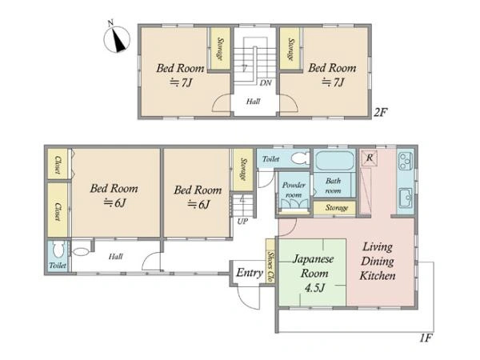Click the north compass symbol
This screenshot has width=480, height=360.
[117, 39]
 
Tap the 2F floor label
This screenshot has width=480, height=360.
[381, 113]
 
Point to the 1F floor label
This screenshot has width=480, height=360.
[426, 338]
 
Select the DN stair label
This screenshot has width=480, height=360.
[266, 83]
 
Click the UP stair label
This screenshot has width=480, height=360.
[242, 222]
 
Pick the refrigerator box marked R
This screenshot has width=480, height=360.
[369, 158]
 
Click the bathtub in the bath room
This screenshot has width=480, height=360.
[334, 161]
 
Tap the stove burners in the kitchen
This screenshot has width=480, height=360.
[406, 161]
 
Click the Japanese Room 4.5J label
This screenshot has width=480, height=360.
[314, 274]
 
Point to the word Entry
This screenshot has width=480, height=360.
[250, 273]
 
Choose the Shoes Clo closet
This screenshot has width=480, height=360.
[270, 261]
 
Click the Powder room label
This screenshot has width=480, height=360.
[294, 190]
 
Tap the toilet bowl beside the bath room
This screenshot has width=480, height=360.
[300, 158]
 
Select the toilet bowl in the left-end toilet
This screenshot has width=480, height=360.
[58, 249]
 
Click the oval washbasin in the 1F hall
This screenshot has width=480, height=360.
[80, 252]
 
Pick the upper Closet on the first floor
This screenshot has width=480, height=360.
[58, 164]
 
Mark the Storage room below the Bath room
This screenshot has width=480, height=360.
[334, 208]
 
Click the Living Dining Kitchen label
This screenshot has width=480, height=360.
[378, 261]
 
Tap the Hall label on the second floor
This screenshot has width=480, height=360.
[253, 102]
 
